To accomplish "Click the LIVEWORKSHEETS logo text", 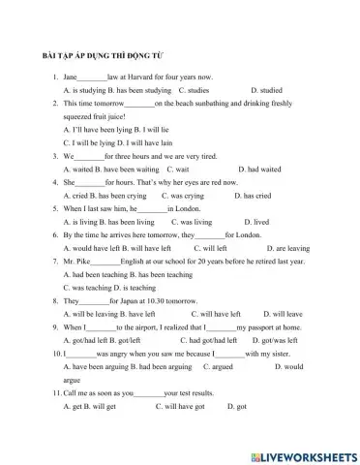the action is coord(303,454).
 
